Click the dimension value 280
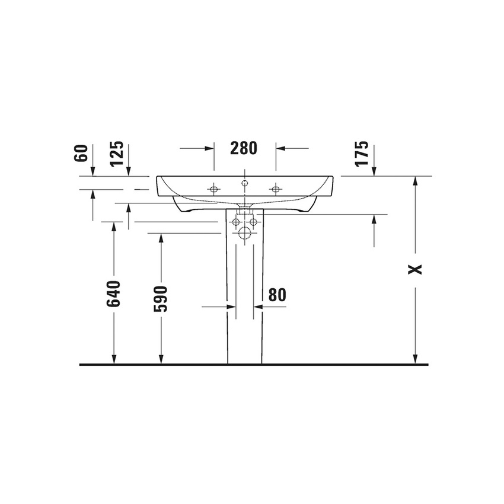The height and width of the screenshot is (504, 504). [244, 148]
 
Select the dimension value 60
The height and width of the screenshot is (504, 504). [82, 153]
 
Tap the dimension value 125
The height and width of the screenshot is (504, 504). [117, 153]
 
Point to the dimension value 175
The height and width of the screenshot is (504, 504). [362, 153]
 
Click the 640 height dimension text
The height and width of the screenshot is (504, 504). [114, 294]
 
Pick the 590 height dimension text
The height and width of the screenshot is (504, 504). [161, 298]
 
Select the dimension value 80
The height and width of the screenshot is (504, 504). [277, 295]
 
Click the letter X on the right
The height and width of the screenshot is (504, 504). [416, 269]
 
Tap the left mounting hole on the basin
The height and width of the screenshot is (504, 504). [213, 189]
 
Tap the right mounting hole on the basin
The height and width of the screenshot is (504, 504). [275, 189]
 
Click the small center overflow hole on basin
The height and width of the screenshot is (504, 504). [244, 183]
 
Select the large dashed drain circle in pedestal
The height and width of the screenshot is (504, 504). [244, 233]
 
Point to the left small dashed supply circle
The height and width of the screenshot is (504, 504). [236, 222]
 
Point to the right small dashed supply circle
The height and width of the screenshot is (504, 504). [253, 222]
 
